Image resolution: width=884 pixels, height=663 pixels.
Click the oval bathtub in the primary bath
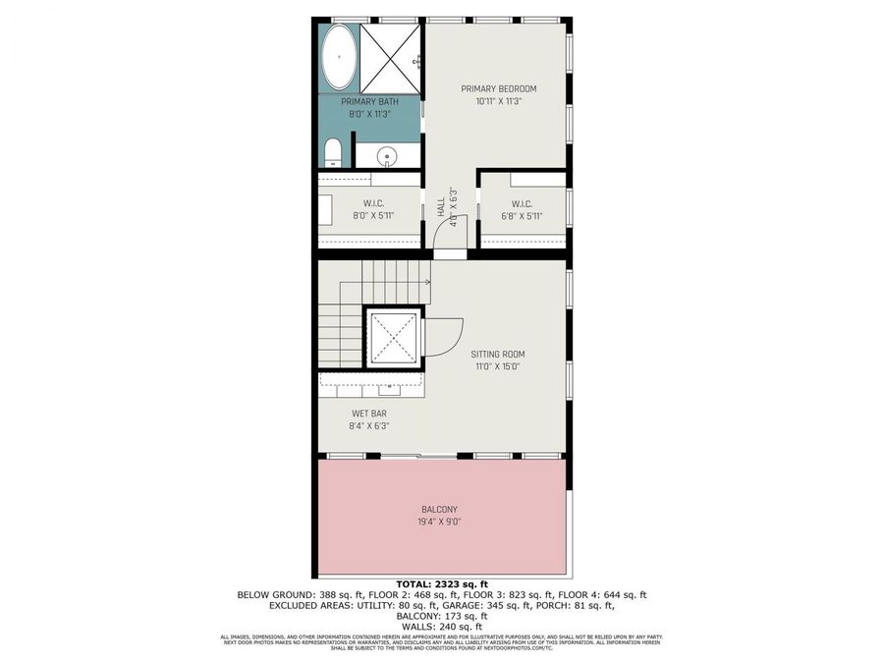tap(340, 57)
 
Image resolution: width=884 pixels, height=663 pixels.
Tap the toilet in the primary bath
tap(332, 152)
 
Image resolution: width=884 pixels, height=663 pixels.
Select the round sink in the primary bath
tap(390, 155)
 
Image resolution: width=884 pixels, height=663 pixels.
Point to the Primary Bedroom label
tap(499, 88)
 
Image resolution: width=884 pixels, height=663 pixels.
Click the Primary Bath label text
tap(368, 102)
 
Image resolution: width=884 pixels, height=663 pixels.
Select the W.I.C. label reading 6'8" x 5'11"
tap(523, 215)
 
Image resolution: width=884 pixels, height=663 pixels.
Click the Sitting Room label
tap(498, 354)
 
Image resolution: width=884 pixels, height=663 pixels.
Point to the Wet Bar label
tap(368, 414)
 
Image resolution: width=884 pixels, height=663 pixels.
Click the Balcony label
tap(439, 509)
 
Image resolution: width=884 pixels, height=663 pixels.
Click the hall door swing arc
tap(444, 236)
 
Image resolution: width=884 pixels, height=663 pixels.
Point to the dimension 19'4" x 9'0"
tap(439, 522)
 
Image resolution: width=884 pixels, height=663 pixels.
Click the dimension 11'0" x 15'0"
tap(498, 366)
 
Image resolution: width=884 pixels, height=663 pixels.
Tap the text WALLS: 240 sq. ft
tap(441, 627)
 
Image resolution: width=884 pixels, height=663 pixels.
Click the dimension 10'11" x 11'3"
tap(499, 100)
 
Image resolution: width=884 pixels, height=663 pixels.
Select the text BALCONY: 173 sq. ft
tap(441, 617)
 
